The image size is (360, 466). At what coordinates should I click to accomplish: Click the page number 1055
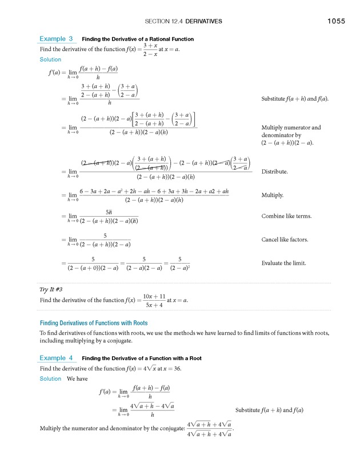tap(336, 22)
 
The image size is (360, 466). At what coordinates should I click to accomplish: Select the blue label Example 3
tap(56, 39)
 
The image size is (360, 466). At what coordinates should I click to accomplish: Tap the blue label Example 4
tap(56, 358)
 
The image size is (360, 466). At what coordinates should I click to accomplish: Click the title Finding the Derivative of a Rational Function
tap(138, 39)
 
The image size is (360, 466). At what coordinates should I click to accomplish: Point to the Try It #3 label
tap(53, 290)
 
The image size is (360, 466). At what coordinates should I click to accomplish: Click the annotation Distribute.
tap(274, 172)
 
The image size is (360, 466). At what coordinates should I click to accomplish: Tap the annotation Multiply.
tap(273, 196)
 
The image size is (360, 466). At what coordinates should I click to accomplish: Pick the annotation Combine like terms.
tap(284, 216)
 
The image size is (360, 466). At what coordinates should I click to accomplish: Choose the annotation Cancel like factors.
tap(285, 240)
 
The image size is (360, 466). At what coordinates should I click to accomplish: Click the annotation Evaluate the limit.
tap(283, 263)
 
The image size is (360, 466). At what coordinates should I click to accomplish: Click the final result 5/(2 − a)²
tap(179, 263)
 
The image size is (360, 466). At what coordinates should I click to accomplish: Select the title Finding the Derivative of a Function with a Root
tap(142, 359)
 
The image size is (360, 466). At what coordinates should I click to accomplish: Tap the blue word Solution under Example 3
tap(50, 59)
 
